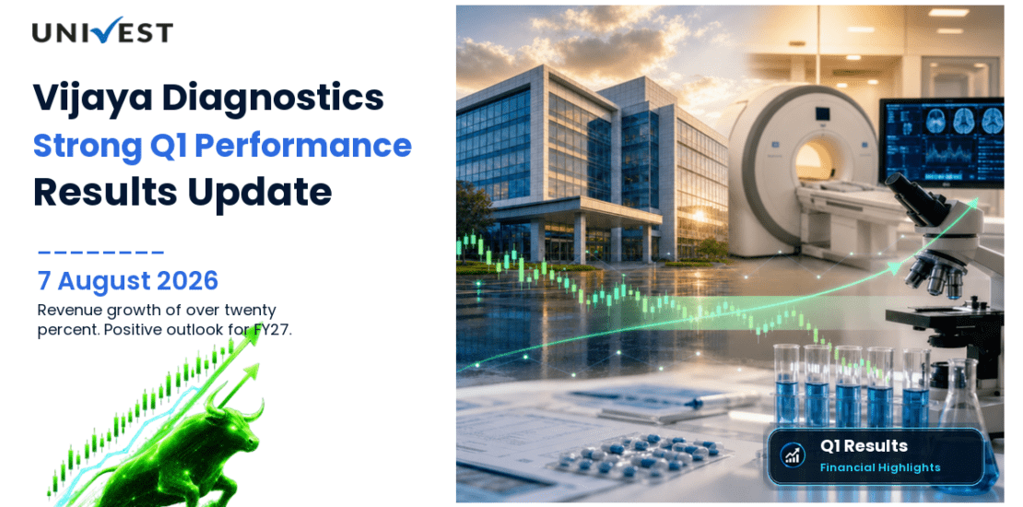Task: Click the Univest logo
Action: (x=102, y=30)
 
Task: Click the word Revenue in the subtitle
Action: (x=64, y=310)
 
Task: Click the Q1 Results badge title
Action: (x=864, y=446)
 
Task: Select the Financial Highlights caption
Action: (x=880, y=467)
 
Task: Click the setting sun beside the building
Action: (x=700, y=216)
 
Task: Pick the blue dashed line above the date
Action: (x=100, y=252)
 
